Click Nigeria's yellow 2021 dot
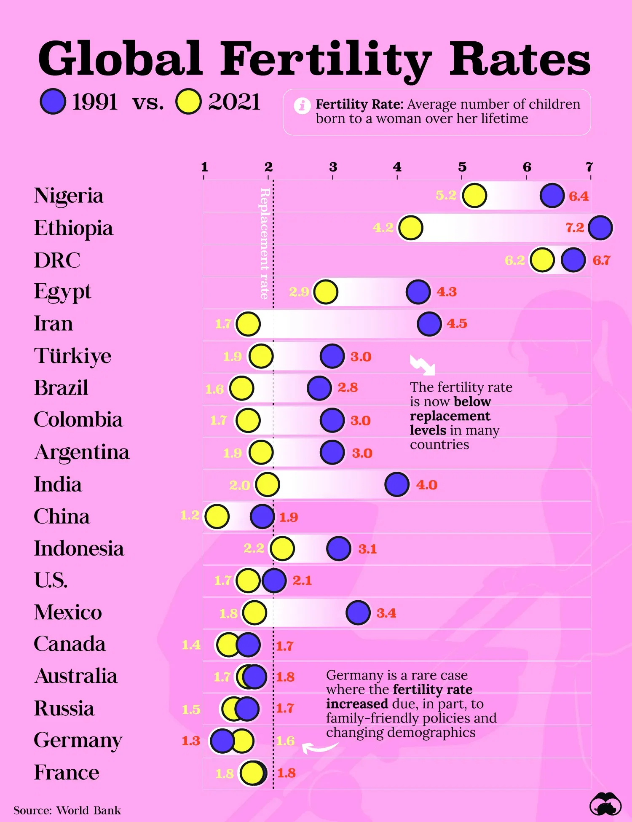[474, 196]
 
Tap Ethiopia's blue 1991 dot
[600, 228]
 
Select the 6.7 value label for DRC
[601, 260]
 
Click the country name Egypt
[62, 292]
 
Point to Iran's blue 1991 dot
[429, 324]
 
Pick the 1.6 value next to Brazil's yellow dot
[214, 389]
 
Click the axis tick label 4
[397, 167]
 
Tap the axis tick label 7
[589, 167]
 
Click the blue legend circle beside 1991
[53, 102]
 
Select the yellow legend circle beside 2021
[188, 102]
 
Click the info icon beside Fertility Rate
[302, 105]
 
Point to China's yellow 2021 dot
[217, 516]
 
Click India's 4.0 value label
[426, 485]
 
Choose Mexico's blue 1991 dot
[358, 612]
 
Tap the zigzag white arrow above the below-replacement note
[422, 365]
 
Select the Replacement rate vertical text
[265, 243]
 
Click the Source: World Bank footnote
[67, 810]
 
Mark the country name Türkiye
[72, 356]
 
